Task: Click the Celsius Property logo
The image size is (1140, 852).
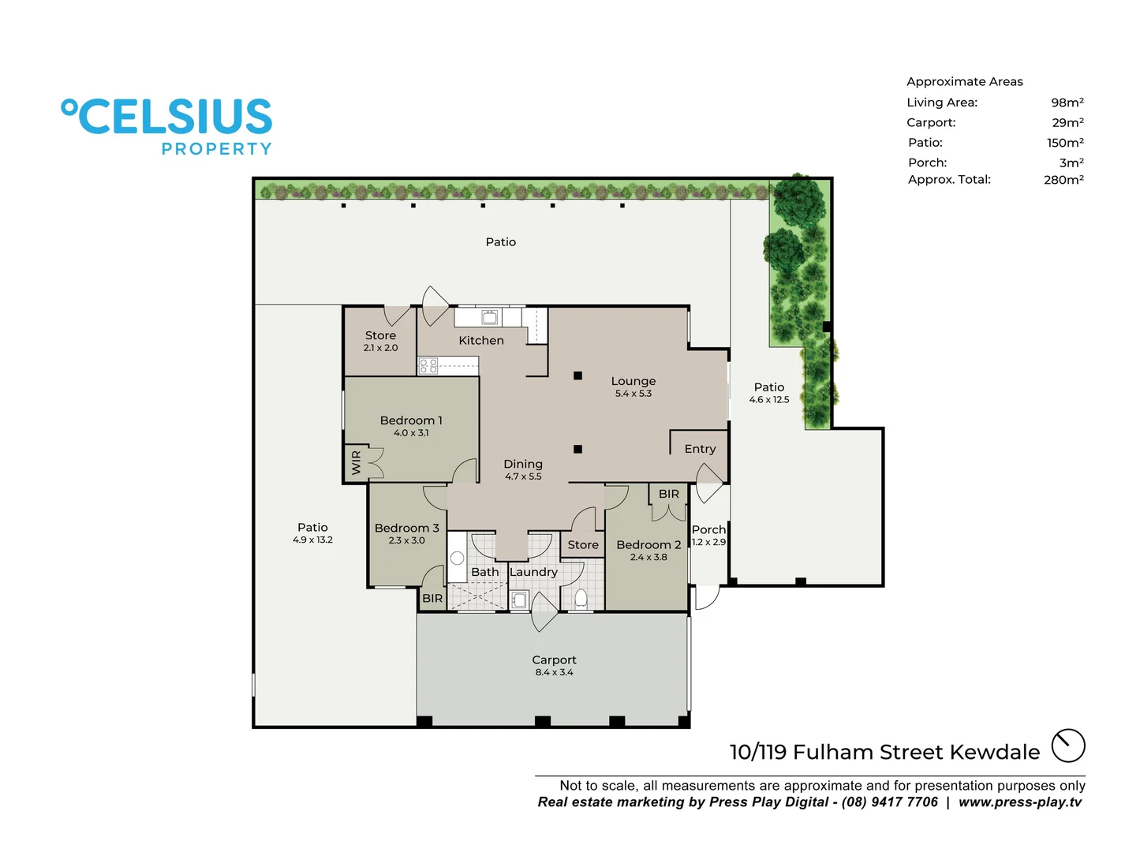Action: (167, 126)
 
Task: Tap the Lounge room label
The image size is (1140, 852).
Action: (633, 381)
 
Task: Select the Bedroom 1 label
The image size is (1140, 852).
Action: (411, 420)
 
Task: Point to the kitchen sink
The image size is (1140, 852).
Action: (490, 317)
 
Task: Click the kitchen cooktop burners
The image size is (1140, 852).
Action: (428, 365)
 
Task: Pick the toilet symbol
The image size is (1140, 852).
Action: (581, 598)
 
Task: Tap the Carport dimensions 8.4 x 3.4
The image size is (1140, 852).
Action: (554, 672)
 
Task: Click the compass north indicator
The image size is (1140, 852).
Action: (1068, 745)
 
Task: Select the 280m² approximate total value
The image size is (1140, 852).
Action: (1063, 180)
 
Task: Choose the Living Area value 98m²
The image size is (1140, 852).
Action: (1067, 103)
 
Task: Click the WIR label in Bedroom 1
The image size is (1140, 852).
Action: (356, 462)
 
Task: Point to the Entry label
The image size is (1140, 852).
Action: (700, 449)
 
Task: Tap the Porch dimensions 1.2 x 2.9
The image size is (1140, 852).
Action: (708, 542)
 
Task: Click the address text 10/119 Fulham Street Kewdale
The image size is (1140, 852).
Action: (884, 752)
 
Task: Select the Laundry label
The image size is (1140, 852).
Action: (533, 572)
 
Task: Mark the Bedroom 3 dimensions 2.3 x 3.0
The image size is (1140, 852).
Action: (406, 540)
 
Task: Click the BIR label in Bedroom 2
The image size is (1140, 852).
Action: (668, 494)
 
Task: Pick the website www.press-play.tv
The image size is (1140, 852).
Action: (1020, 802)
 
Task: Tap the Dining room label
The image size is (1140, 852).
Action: (523, 464)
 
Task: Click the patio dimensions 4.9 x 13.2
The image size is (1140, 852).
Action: (312, 540)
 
